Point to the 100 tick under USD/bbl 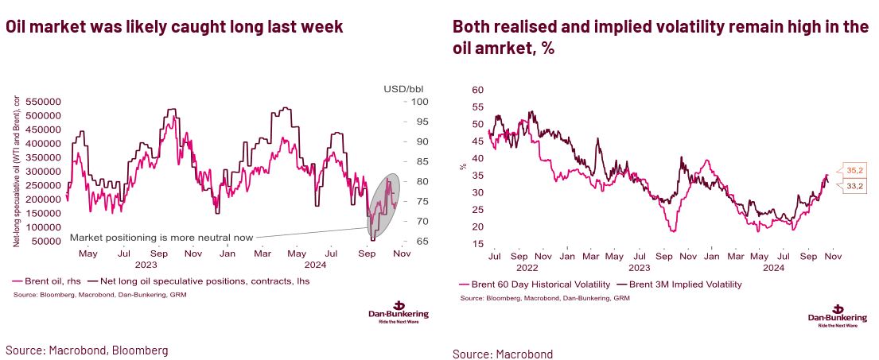tap(420, 102)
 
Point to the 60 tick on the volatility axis tap(477, 90)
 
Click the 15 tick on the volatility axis tap(477, 243)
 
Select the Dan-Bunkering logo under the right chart tap(837, 315)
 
